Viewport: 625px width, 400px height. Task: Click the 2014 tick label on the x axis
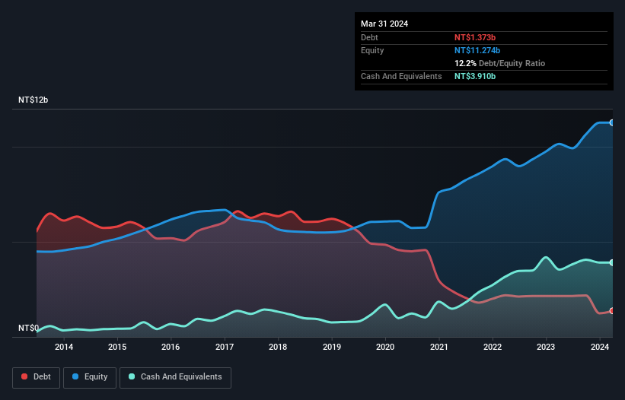(64, 348)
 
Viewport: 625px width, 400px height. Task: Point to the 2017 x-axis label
(225, 348)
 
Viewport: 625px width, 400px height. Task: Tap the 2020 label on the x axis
(385, 348)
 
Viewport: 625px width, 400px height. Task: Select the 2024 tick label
(600, 348)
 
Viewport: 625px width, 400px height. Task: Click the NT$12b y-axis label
(33, 100)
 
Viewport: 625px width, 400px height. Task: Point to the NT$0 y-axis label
(28, 328)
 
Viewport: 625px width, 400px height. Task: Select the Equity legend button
(91, 376)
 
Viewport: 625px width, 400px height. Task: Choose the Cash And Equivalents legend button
(175, 376)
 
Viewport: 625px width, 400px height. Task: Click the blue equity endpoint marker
(611, 122)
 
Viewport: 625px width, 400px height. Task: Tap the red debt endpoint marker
(611, 311)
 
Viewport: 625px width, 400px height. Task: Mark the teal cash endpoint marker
(611, 262)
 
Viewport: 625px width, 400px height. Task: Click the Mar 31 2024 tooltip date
(384, 24)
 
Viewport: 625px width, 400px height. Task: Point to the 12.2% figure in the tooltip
(466, 63)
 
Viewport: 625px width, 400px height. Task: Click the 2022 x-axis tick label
(493, 348)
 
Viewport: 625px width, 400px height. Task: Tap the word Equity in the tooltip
(372, 50)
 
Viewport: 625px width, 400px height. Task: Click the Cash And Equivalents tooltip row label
(401, 77)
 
